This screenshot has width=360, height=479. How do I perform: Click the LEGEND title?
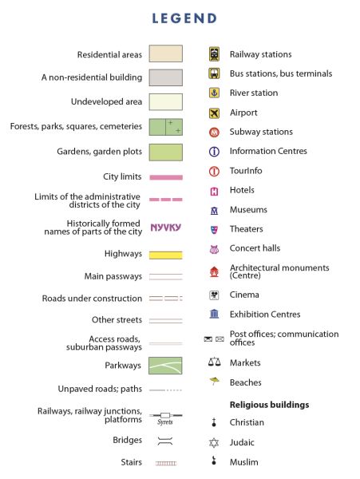point(184,18)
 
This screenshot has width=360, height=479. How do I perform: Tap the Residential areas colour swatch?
point(166,53)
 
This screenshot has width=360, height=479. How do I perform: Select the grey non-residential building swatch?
point(166,77)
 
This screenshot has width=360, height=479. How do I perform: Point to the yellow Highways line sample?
point(166,255)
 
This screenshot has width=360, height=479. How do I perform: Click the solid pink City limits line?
point(166,177)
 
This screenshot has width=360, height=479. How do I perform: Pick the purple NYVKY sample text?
point(166,228)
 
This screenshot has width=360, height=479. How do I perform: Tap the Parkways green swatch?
point(165,366)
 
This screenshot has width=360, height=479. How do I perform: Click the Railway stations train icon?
point(214,54)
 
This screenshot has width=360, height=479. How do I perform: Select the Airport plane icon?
point(215,113)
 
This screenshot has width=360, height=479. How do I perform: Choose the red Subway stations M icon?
point(215,133)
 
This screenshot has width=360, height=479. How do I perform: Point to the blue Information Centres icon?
point(214,152)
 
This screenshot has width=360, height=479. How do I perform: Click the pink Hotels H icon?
point(215,192)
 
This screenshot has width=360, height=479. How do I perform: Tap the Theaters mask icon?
point(215,229)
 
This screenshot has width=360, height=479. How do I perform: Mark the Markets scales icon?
point(215,362)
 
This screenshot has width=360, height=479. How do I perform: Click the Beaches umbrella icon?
point(215,381)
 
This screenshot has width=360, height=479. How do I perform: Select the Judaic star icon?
point(214,442)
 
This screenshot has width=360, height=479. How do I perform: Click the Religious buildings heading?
point(269,405)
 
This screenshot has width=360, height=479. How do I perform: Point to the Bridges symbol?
point(165,441)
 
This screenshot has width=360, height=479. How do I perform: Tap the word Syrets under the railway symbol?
point(165,422)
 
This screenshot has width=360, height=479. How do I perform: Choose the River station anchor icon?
point(215,93)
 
